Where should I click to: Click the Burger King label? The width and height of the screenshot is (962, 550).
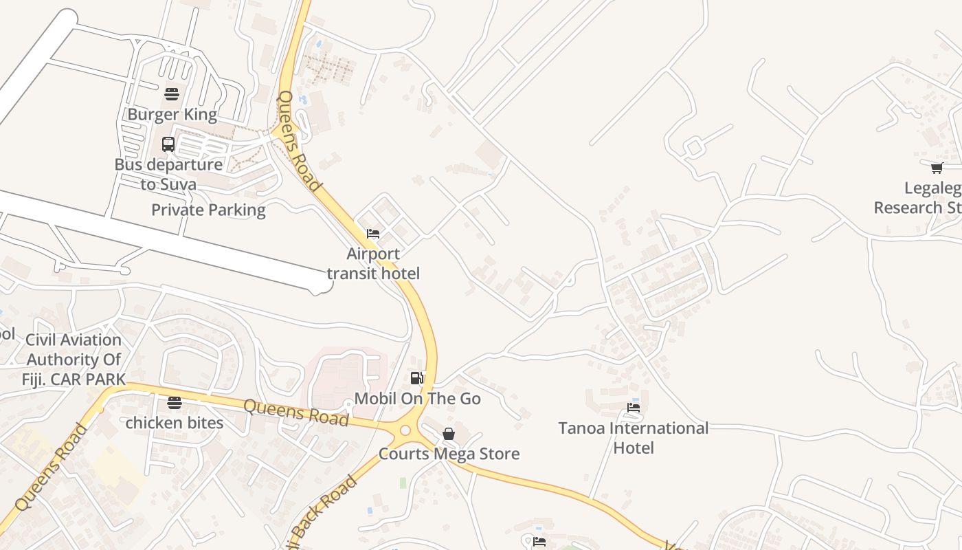coord(172,114)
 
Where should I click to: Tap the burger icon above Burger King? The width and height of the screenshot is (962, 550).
coord(172,93)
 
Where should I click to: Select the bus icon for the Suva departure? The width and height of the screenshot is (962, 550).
coord(168,144)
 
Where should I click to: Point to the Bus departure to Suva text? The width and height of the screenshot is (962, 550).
coord(168,175)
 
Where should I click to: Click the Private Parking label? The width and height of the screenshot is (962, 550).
coord(208,210)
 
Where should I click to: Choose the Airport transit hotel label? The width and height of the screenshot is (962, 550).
coord(373,263)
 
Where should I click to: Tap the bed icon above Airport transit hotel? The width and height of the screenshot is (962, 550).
coord(373,234)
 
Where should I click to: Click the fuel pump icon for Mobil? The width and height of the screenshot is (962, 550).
coord(416,377)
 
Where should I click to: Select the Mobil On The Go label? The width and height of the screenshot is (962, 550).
coord(417,399)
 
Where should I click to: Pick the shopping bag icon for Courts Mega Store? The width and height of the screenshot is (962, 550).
coord(449,434)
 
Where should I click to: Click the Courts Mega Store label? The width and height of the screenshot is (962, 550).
coord(449,454)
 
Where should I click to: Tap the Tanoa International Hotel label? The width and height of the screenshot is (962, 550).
coord(633,438)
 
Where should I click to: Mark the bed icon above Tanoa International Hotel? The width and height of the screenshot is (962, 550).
coord(634,408)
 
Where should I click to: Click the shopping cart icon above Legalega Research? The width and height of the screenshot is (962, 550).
coord(937,168)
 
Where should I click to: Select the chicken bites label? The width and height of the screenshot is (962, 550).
coord(175,423)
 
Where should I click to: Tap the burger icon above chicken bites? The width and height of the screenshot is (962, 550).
coord(175,403)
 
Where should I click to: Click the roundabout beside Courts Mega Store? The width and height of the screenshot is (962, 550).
coord(405,430)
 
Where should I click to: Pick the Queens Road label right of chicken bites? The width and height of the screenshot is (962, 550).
coord(296,412)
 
